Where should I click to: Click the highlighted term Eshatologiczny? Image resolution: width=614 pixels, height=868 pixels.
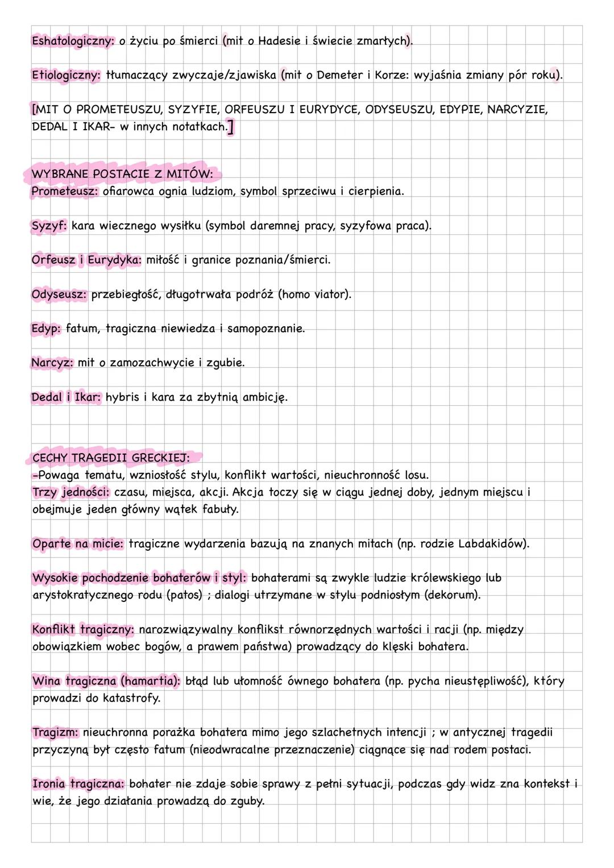[72, 41]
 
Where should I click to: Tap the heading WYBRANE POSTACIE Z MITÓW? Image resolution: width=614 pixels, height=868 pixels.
[122, 174]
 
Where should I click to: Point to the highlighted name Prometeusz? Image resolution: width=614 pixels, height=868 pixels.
[65, 192]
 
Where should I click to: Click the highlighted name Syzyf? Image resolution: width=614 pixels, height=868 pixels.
[49, 226]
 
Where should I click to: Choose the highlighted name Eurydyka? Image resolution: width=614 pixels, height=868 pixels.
[114, 260]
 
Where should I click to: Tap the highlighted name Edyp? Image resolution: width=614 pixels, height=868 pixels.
[45, 329]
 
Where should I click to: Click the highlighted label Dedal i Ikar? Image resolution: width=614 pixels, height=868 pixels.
[66, 397]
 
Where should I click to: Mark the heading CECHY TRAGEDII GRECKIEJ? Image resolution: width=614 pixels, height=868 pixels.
[111, 458]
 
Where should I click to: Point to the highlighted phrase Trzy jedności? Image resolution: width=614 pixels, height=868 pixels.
[70, 492]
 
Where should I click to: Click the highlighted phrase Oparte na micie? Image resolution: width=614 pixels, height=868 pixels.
[77, 543]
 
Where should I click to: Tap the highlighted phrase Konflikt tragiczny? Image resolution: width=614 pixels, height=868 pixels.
[83, 629]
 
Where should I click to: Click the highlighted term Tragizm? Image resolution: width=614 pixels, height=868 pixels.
[55, 732]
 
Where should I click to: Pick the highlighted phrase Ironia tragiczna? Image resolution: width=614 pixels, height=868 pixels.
[78, 784]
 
